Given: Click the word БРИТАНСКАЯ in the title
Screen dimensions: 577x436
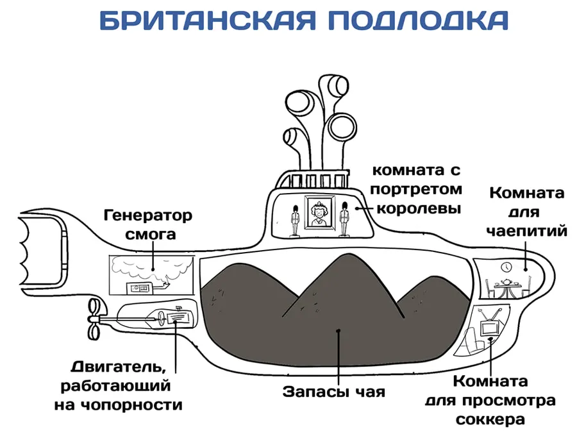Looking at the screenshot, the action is click(x=208, y=21).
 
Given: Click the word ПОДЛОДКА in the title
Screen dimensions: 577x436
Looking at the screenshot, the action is click(x=418, y=21).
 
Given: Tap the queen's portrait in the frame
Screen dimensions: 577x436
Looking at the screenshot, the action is click(x=320, y=212).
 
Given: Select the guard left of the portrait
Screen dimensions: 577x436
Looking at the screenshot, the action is click(x=294, y=220).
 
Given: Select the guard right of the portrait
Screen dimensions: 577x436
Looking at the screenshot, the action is click(x=344, y=219).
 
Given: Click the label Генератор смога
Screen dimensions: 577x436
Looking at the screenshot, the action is click(x=148, y=224).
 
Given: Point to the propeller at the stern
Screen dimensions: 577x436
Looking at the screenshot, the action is click(x=94, y=319).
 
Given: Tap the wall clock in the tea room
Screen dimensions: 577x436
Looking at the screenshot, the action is click(x=506, y=267).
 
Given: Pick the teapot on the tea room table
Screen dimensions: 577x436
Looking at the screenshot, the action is click(x=508, y=281).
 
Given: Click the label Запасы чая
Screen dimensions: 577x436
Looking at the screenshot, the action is click(x=334, y=392).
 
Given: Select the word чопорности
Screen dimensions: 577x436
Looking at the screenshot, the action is click(x=131, y=405).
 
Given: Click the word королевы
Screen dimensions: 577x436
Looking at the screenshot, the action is click(x=419, y=208).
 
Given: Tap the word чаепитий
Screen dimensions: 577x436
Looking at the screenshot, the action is click(x=526, y=231).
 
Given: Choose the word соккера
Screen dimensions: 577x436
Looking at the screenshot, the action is click(x=490, y=419).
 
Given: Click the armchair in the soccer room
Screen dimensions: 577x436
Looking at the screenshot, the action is click(x=471, y=342).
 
